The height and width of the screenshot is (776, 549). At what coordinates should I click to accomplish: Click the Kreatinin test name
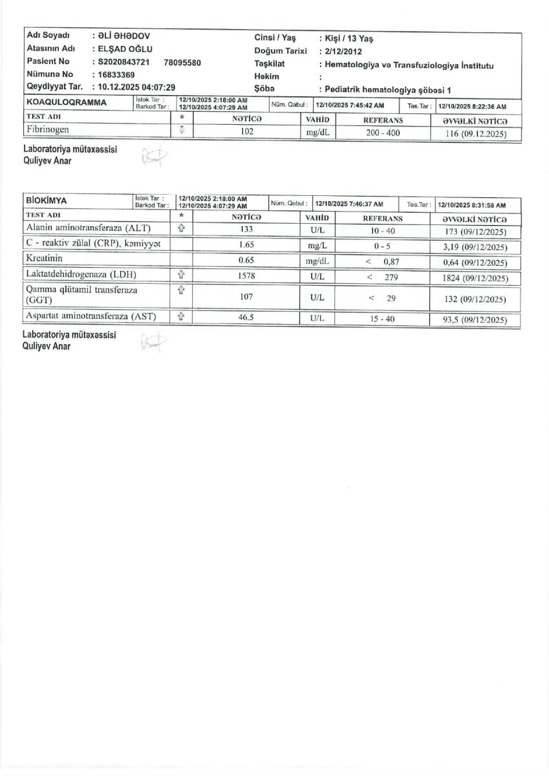click(x=45, y=260)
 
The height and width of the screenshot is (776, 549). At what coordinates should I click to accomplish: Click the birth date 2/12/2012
click(x=345, y=51)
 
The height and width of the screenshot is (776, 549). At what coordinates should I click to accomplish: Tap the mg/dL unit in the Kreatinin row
click(x=318, y=261)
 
